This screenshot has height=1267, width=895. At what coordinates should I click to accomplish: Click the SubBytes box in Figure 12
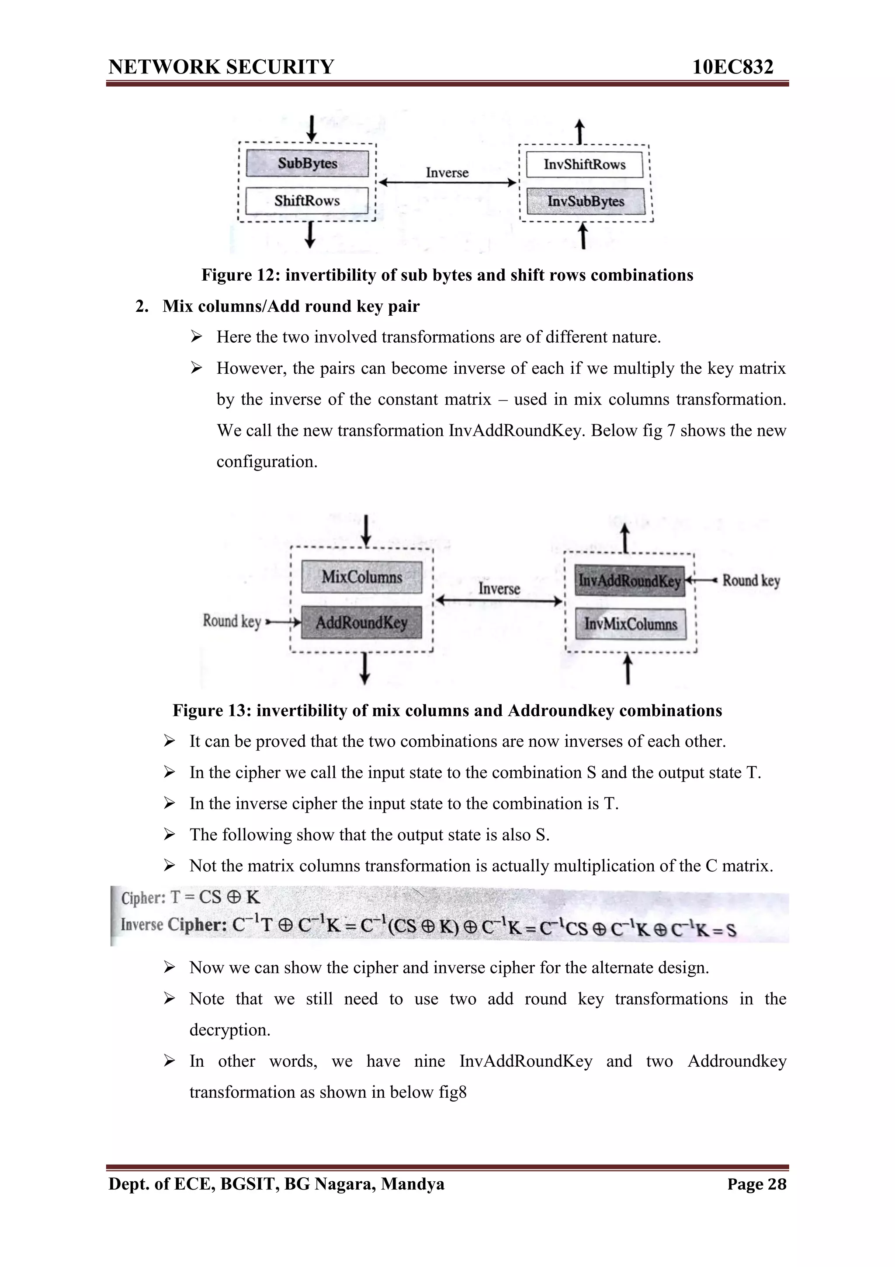pyautogui.click(x=307, y=164)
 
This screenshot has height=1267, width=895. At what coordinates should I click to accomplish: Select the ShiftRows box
pyautogui.click(x=307, y=201)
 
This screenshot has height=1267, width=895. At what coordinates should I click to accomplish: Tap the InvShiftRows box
pyautogui.click(x=585, y=164)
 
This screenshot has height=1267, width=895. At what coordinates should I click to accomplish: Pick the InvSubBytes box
pyautogui.click(x=585, y=202)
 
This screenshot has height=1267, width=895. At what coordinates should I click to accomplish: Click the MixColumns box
pyautogui.click(x=362, y=577)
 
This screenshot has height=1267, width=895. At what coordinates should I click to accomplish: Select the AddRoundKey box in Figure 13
pyautogui.click(x=362, y=623)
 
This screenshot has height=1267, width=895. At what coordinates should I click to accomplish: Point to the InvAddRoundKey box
pyautogui.click(x=629, y=581)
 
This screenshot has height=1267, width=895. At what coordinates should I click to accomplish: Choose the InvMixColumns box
pyautogui.click(x=630, y=624)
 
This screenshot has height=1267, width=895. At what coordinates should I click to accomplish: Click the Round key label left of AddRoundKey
pyautogui.click(x=232, y=621)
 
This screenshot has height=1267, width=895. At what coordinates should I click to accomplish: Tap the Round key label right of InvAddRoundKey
pyautogui.click(x=751, y=581)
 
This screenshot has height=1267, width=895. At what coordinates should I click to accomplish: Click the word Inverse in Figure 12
pyautogui.click(x=447, y=173)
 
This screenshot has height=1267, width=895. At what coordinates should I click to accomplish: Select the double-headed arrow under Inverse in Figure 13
pyautogui.click(x=499, y=601)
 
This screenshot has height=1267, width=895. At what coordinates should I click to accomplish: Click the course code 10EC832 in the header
pyautogui.click(x=732, y=67)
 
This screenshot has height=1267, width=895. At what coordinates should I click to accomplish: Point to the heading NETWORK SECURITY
pyautogui.click(x=221, y=67)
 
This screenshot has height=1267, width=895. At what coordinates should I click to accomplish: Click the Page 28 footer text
pyautogui.click(x=756, y=1184)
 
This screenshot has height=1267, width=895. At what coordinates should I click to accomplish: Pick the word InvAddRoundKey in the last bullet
pyautogui.click(x=526, y=1061)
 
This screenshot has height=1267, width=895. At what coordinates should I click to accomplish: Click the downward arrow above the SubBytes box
pyautogui.click(x=312, y=129)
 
